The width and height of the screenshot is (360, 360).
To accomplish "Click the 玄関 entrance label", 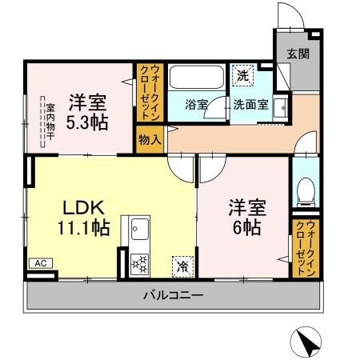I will coord(299,54).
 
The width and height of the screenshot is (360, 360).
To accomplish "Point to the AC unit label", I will coord(39,262).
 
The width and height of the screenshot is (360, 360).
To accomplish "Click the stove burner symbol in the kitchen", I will coord(139,262).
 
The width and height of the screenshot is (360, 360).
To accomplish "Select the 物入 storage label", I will coord(150,139).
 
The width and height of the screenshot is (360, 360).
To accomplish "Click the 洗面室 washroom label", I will coord(250,105).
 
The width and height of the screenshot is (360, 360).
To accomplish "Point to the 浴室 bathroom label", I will coord(197,105).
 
